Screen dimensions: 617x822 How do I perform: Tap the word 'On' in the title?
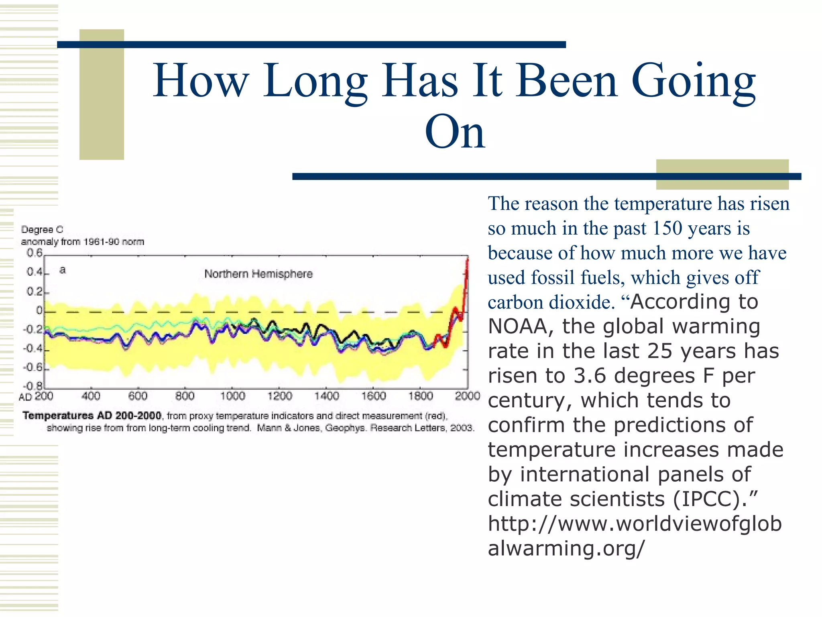click(x=455, y=132)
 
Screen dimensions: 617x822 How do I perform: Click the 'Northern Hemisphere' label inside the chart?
click(x=258, y=274)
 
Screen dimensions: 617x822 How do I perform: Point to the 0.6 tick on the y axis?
click(x=35, y=253)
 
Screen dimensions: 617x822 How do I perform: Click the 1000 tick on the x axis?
click(x=232, y=396)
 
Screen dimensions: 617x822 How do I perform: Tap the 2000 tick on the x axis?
click(x=467, y=396)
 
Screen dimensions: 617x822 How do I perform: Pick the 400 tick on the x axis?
click(x=91, y=396)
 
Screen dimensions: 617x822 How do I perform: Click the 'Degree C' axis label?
click(x=42, y=229)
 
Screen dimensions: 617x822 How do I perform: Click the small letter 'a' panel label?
click(x=62, y=270)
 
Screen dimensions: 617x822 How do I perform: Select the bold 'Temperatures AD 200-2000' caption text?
click(x=92, y=415)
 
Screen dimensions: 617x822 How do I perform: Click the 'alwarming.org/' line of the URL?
click(x=566, y=548)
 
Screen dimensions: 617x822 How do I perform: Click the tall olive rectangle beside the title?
click(x=102, y=94)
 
